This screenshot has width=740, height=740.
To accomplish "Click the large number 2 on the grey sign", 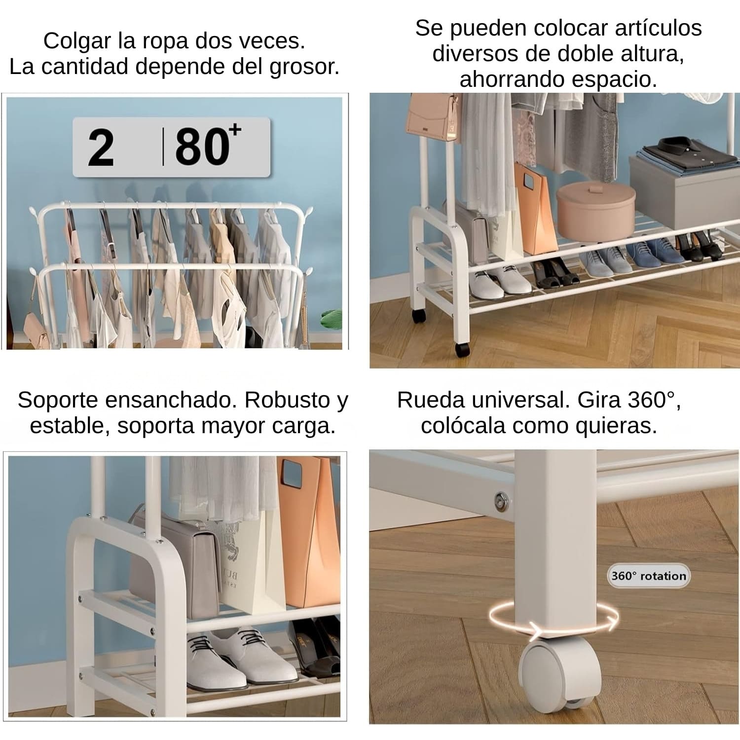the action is pos(101,147).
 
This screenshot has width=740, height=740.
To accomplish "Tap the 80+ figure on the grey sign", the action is pos(208,145).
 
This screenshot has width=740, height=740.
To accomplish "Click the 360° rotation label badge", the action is pos(648,576).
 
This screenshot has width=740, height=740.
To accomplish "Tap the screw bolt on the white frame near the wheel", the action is pos(502,500).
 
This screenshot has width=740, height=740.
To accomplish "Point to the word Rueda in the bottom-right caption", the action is pos(431,400).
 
